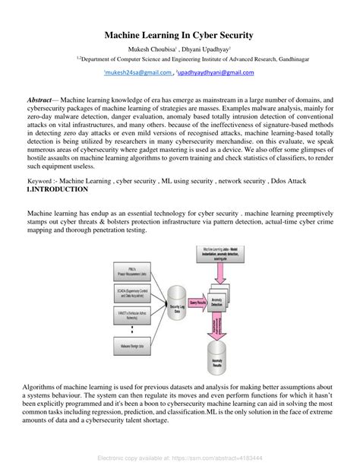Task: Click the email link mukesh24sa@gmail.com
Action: pos(137,72)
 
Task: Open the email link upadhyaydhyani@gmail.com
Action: pos(216,72)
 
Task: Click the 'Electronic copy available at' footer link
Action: pos(180,459)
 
